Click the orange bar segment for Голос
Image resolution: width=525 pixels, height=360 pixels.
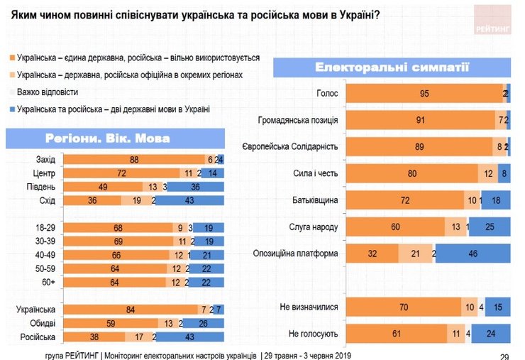(x=424, y=94)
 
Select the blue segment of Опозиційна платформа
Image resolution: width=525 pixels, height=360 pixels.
(x=472, y=253)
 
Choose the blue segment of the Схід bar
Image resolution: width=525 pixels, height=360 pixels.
(x=189, y=201)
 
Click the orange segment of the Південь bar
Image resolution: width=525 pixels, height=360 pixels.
(x=104, y=187)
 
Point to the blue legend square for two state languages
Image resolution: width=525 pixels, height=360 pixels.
(x=11, y=109)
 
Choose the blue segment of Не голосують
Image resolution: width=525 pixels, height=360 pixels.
(x=490, y=332)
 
